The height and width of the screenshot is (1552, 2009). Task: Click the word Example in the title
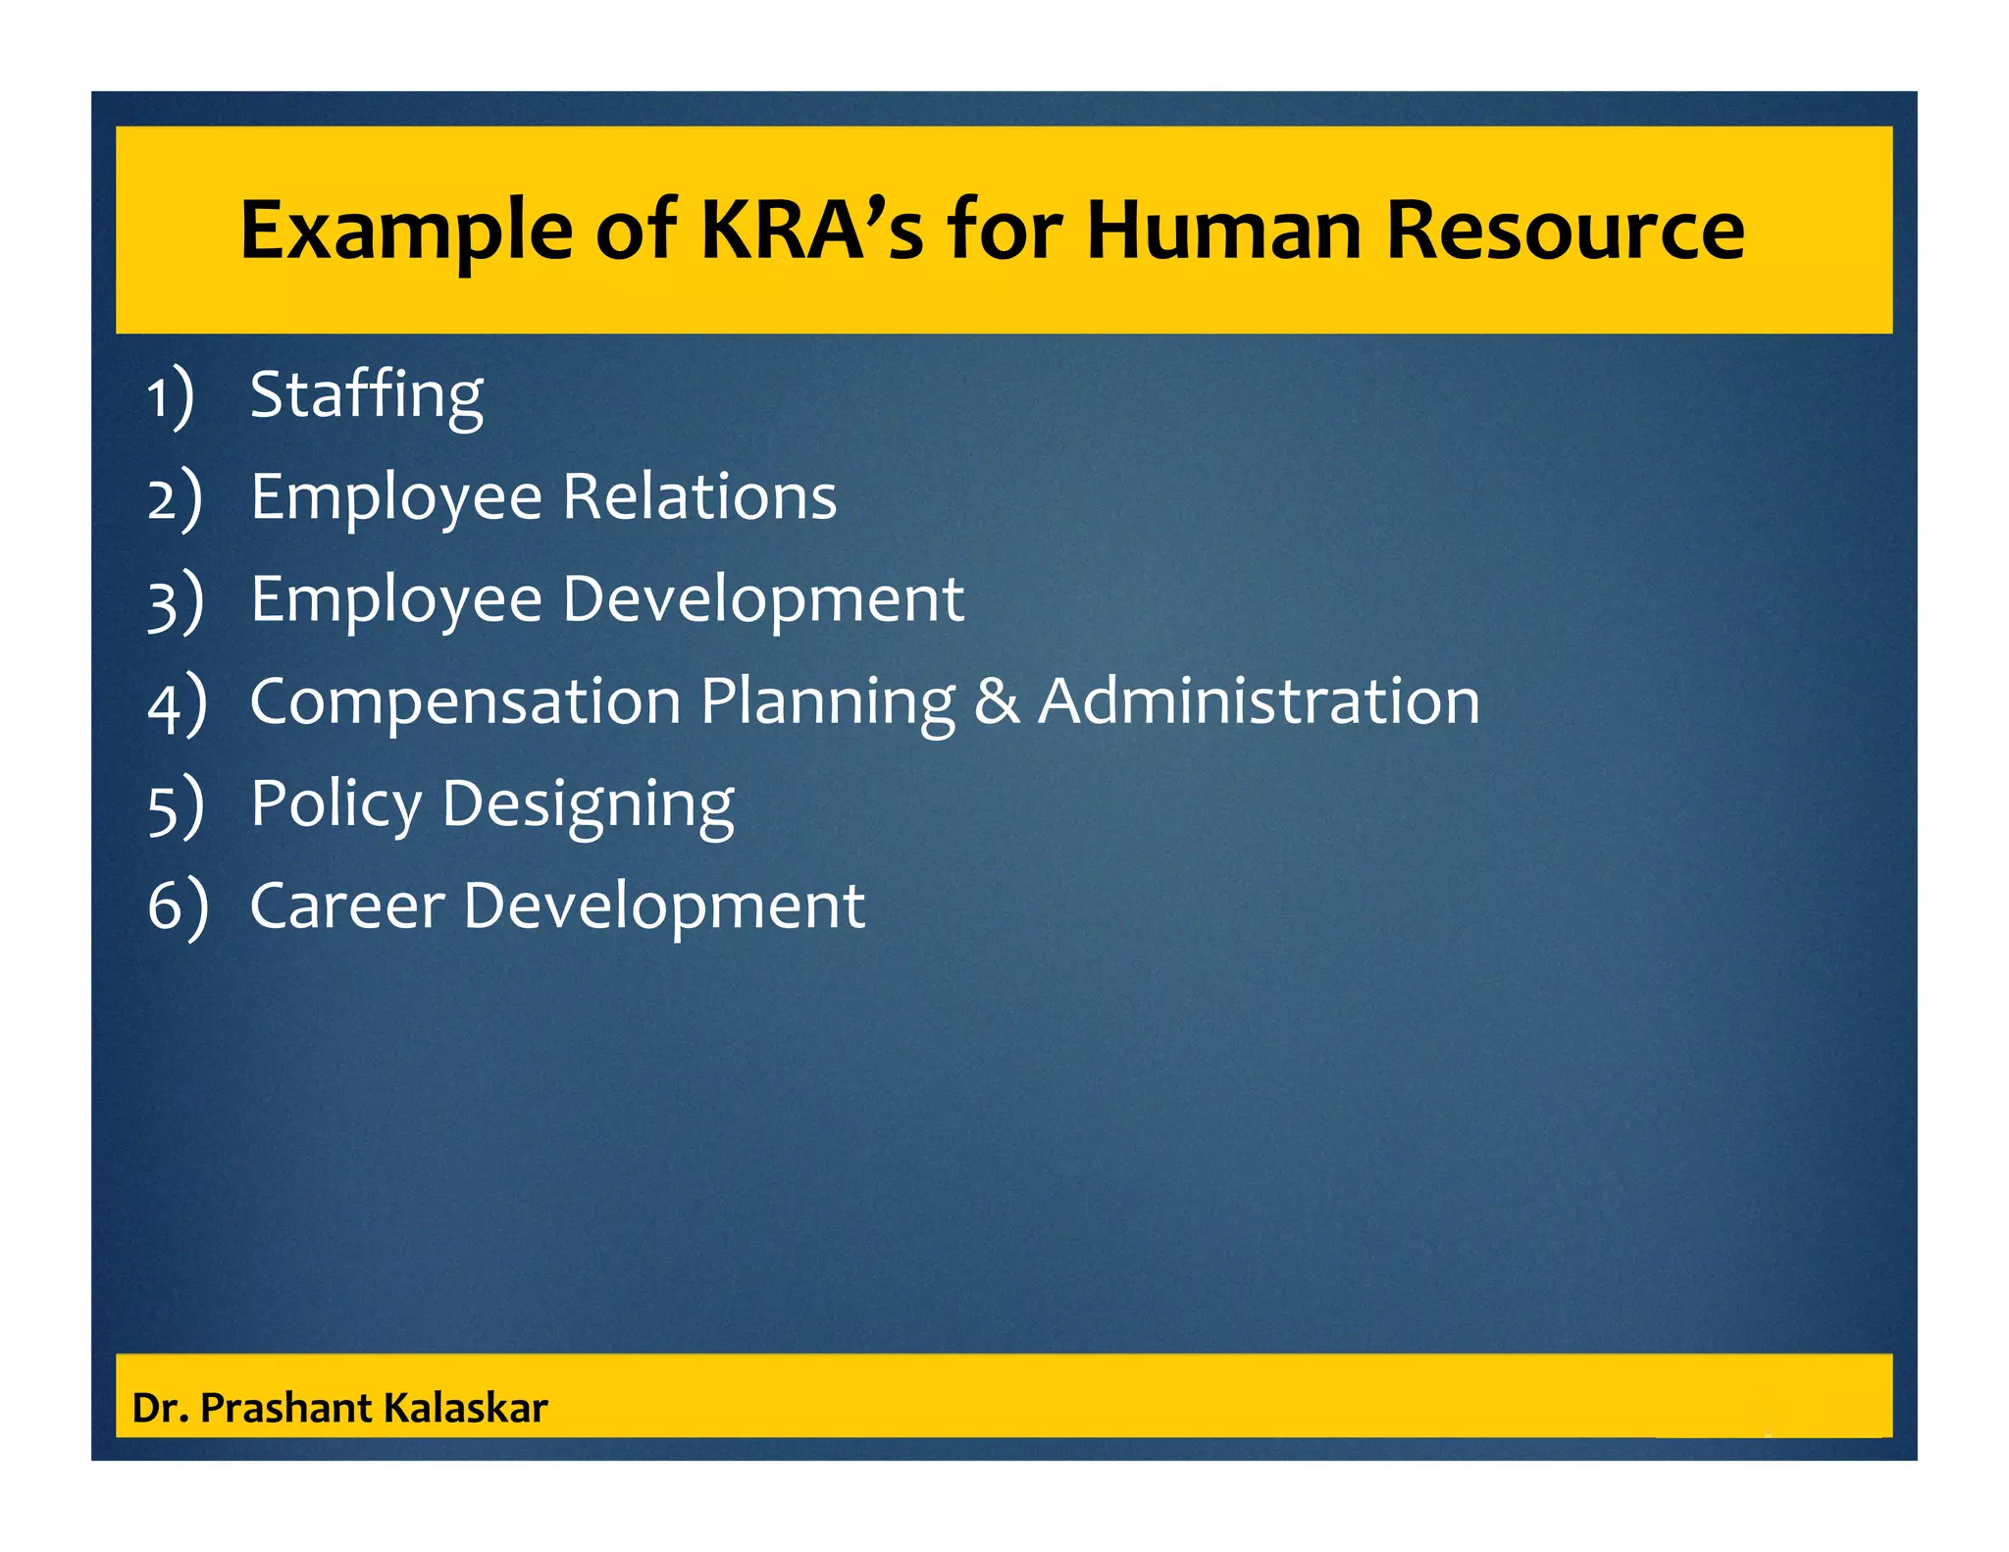[405, 232]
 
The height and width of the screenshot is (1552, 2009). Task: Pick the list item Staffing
[366, 395]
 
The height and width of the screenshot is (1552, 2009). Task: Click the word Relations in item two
[699, 496]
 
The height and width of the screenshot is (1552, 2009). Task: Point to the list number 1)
[171, 398]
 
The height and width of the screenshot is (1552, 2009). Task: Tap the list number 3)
[176, 602]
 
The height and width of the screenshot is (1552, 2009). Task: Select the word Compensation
[466, 702]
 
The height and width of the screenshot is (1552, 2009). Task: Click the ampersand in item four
[997, 702]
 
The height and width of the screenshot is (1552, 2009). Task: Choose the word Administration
[1259, 702]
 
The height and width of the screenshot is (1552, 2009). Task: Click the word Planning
[828, 702]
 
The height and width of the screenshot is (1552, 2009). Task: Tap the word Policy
[335, 804]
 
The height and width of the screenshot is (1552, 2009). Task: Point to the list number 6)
[178, 906]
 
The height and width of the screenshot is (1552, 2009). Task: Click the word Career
[347, 906]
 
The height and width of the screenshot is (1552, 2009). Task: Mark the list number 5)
[176, 806]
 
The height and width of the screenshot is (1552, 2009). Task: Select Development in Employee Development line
[763, 600]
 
